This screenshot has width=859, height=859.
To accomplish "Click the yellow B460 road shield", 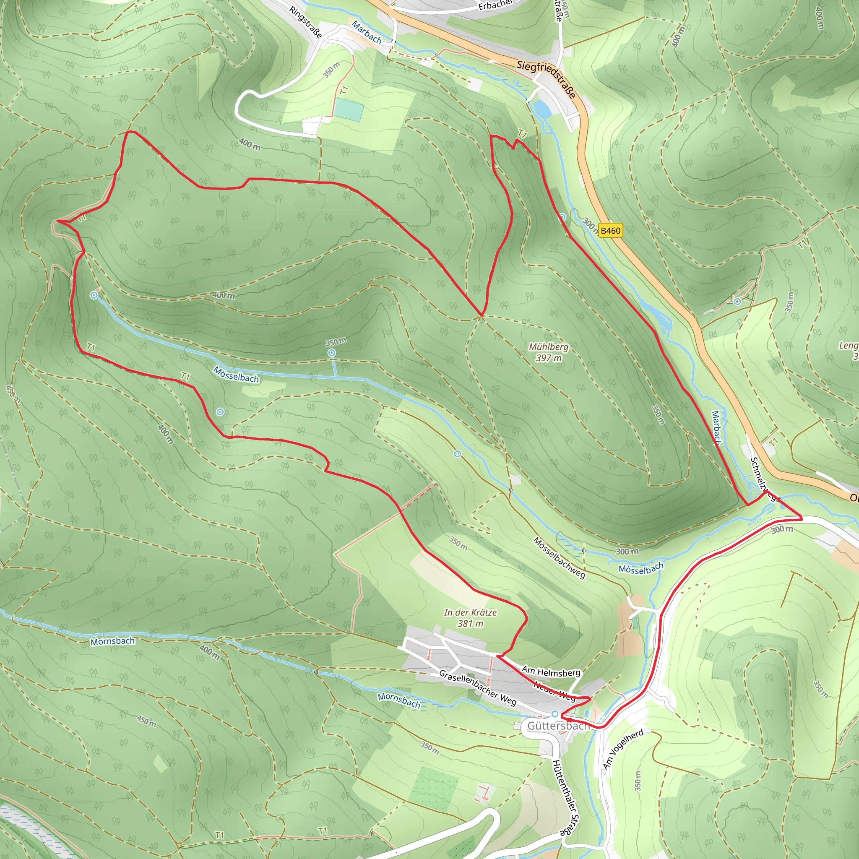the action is point(610,230).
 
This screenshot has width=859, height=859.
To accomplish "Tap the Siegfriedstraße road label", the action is point(547,79).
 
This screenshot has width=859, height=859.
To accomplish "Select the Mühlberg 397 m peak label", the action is point(548,352).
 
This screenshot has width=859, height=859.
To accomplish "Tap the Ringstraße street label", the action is point(305,22).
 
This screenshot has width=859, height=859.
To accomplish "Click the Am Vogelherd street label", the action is point(623,749).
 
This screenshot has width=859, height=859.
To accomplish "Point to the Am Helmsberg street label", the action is point(551,672).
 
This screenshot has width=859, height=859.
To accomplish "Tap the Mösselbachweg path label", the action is point(560,557).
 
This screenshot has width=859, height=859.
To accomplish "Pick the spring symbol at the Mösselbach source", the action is point(94,295).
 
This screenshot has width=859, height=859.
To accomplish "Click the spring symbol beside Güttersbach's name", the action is point(555,713).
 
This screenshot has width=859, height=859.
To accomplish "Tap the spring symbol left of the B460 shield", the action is point(562,217).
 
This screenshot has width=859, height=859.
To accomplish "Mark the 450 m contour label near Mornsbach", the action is point(146,720).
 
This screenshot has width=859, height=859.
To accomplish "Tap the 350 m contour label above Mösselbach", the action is point(336,342).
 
